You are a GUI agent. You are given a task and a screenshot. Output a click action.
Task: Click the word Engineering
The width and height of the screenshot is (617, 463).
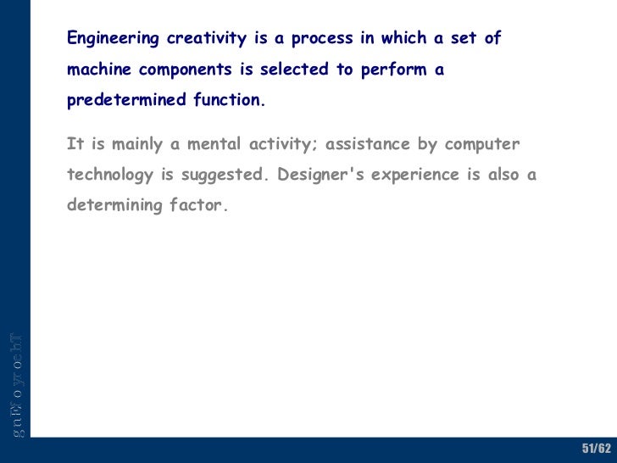(x=113, y=39)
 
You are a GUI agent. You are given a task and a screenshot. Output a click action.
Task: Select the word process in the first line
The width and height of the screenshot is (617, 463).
(x=323, y=39)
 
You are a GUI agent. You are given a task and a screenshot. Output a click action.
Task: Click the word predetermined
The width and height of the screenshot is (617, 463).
(x=126, y=101)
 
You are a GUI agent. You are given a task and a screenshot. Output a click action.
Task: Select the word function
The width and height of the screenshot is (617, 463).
(x=229, y=100)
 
